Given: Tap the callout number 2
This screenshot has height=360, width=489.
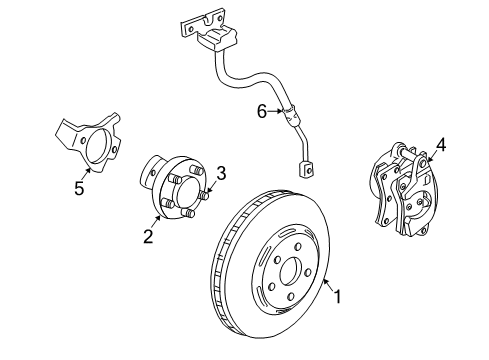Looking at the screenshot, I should pos(147,236).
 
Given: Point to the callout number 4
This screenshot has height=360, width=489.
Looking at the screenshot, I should pos(441,143).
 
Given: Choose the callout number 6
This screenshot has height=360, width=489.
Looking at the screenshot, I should pos(262,113).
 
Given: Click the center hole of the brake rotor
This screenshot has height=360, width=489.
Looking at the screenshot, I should pos(290,270).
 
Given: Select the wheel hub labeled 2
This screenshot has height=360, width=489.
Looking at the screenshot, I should pos(176,196).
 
